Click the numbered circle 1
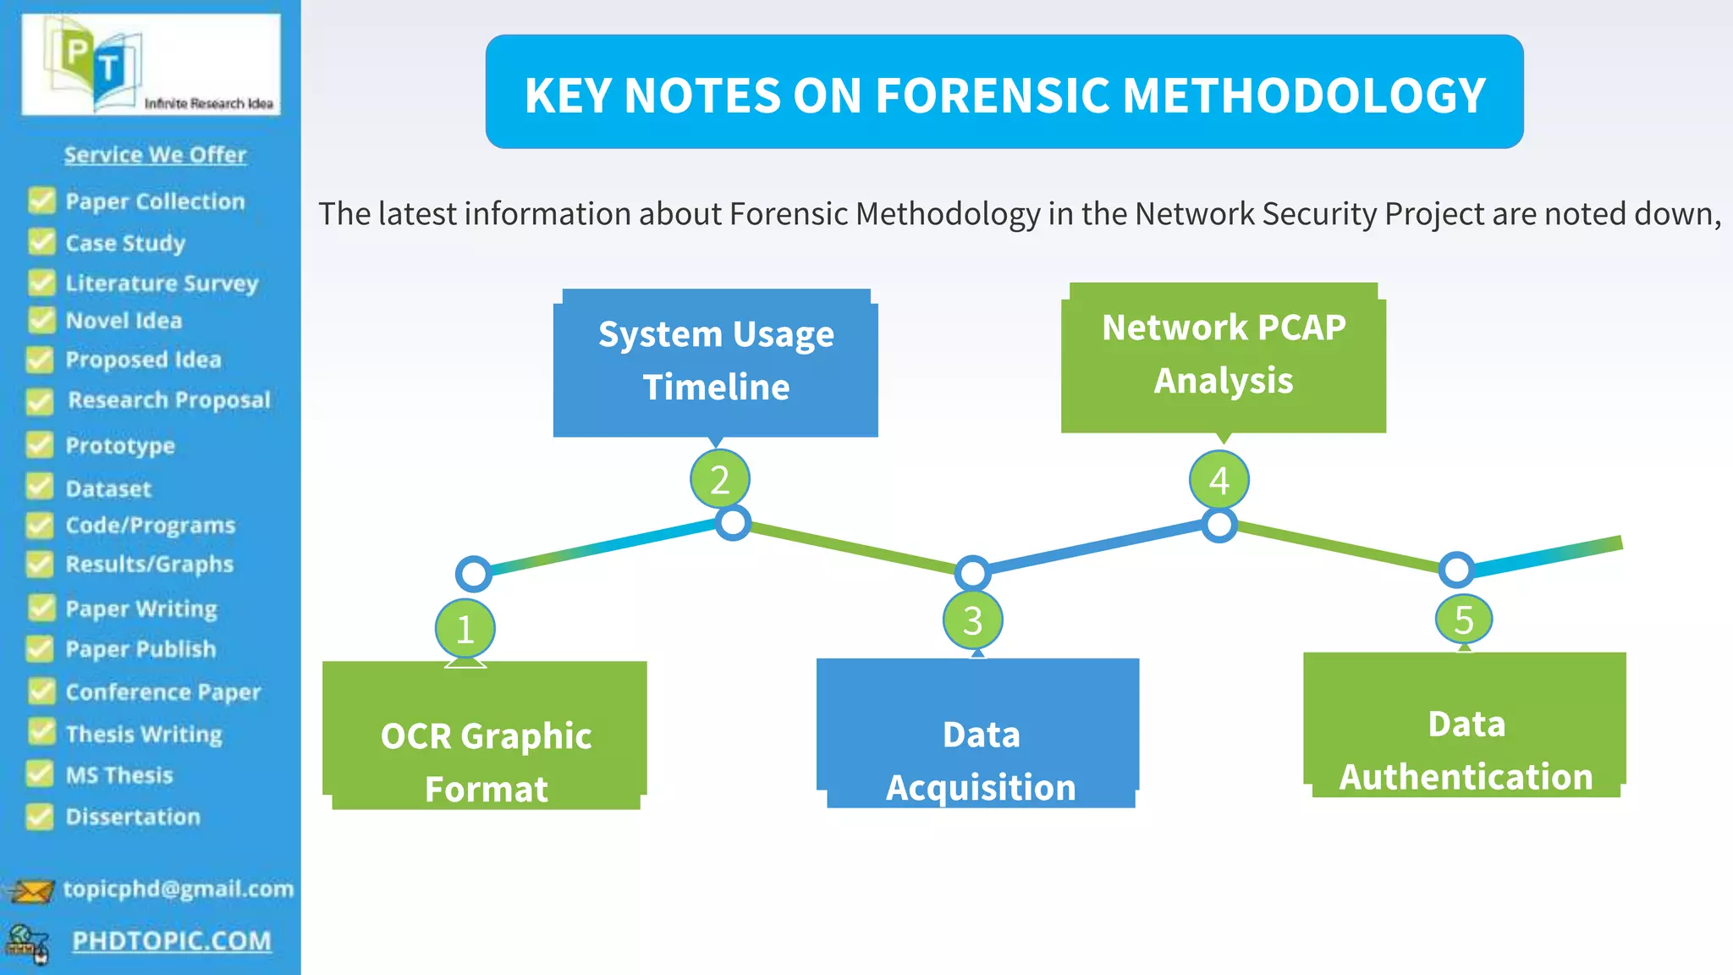(465, 629)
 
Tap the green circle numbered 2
(719, 480)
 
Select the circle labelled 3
(972, 620)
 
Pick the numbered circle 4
(1219, 480)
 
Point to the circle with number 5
(1463, 619)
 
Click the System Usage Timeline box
(716, 362)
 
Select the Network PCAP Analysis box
(1223, 356)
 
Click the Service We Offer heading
(155, 154)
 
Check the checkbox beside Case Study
(41, 242)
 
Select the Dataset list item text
(108, 489)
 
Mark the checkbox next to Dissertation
(40, 816)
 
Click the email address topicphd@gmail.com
(178, 889)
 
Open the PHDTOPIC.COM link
(172, 941)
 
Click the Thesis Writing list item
(144, 734)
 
